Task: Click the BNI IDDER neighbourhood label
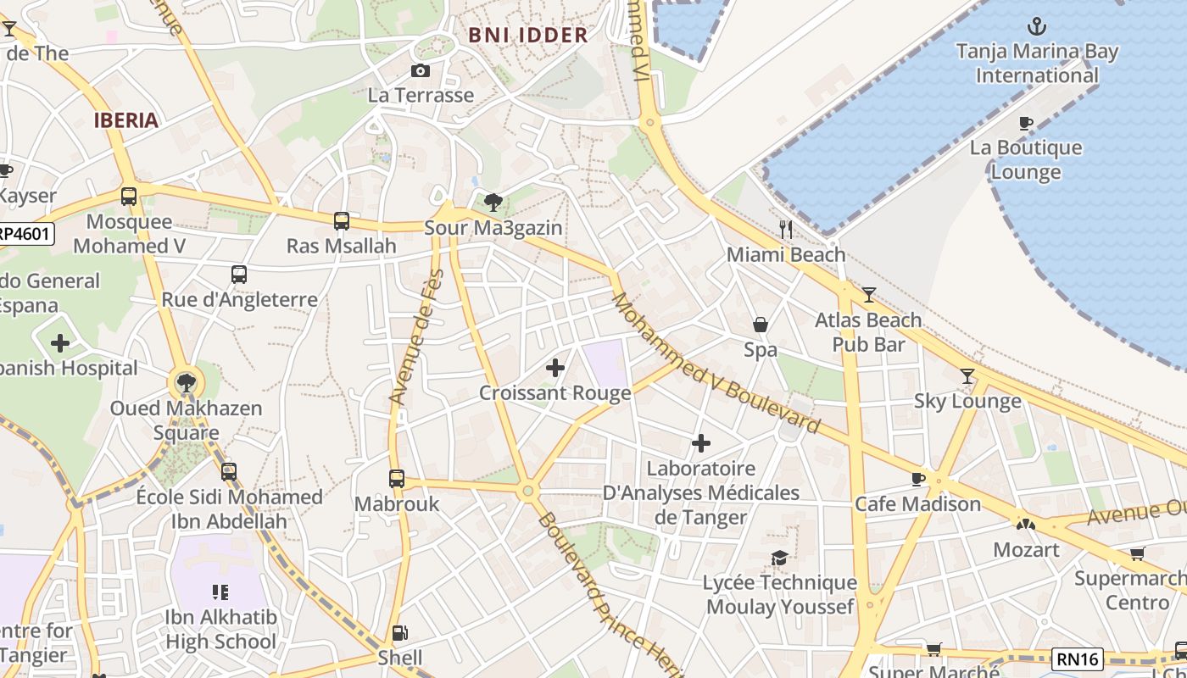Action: click(x=527, y=35)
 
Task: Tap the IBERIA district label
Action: click(x=126, y=119)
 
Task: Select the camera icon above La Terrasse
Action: click(x=420, y=70)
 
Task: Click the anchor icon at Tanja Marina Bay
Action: click(x=1036, y=26)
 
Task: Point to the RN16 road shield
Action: click(x=1078, y=659)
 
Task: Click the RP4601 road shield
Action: click(x=25, y=234)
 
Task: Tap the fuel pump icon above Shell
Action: click(x=399, y=632)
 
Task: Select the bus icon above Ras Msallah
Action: click(x=341, y=220)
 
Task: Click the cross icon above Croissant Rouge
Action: click(x=554, y=368)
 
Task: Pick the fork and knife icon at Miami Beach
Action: click(x=786, y=229)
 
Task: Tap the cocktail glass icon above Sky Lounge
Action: click(x=967, y=375)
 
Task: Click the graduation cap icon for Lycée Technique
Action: click(x=779, y=557)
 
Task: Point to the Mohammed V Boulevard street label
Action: click(x=716, y=364)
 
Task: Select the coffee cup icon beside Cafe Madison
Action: click(x=918, y=479)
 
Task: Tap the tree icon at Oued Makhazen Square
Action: click(x=186, y=383)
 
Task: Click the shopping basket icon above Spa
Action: click(x=761, y=325)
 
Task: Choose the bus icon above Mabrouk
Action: click(x=396, y=478)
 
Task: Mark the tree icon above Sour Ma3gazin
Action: click(x=493, y=202)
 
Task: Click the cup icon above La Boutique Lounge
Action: click(x=1025, y=123)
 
